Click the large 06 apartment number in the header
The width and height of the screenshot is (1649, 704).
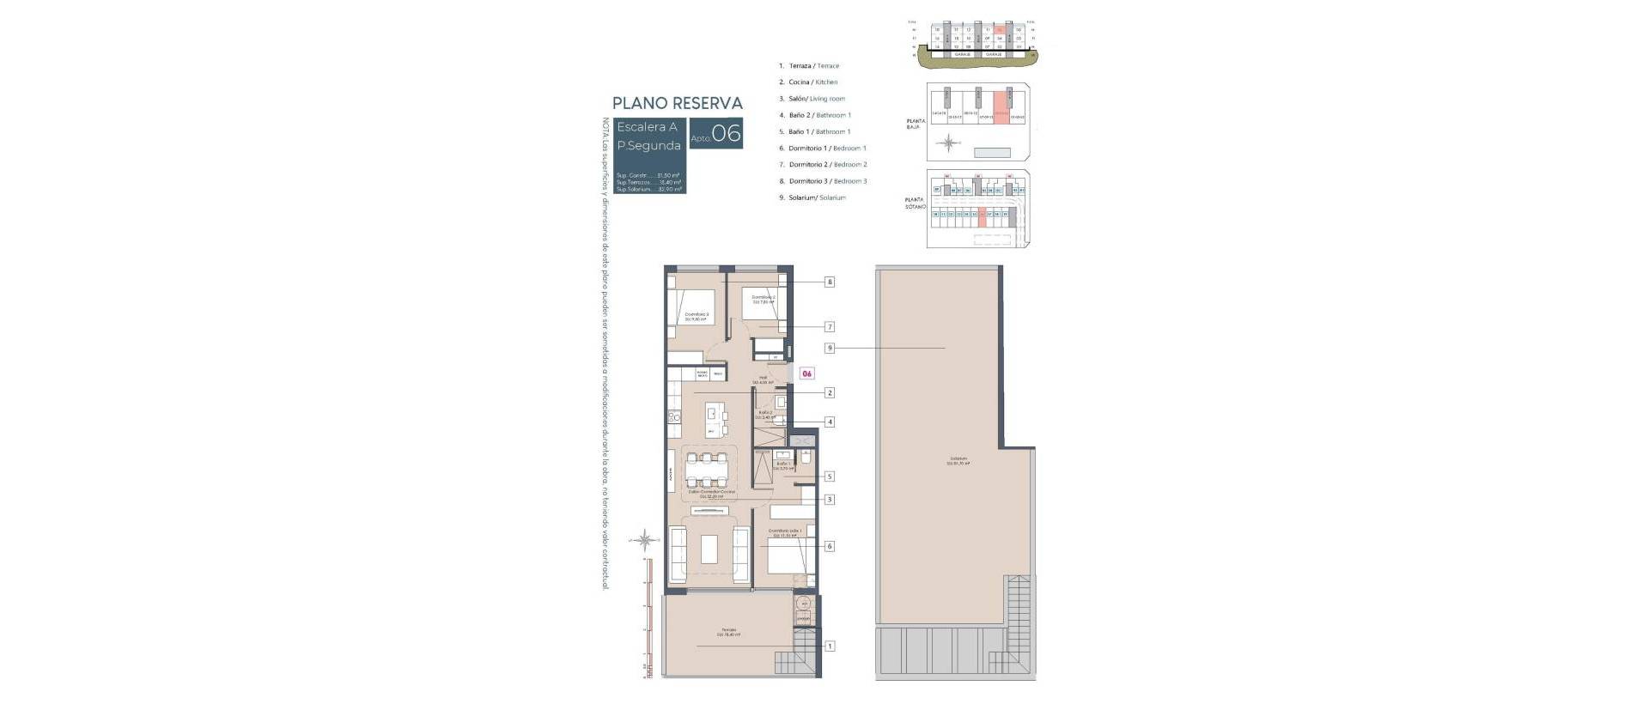click(726, 135)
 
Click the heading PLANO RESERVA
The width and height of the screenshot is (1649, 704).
click(678, 103)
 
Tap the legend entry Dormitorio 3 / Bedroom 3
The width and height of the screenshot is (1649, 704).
click(828, 181)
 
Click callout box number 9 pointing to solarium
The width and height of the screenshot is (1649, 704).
click(830, 348)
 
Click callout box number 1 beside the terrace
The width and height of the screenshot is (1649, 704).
click(830, 646)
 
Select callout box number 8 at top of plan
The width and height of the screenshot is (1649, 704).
click(830, 282)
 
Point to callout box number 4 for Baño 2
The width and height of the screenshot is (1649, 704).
click(830, 422)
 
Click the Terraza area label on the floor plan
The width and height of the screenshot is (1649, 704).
click(729, 632)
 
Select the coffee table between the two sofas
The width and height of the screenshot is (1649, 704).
click(709, 549)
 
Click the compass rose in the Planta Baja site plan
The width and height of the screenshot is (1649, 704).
click(948, 143)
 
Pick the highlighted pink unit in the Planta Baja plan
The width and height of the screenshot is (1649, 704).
click(1001, 106)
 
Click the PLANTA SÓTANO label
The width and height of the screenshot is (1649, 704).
click(915, 203)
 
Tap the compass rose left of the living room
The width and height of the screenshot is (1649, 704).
click(645, 540)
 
